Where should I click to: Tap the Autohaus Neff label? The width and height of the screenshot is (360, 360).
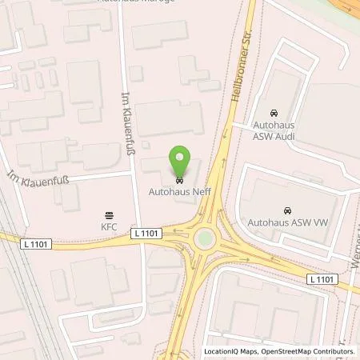coord(180,191)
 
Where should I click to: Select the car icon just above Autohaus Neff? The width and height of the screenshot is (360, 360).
coord(180,179)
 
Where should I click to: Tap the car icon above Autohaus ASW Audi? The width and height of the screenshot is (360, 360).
coord(274,114)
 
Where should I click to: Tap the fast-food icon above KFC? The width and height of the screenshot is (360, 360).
coord(110,214)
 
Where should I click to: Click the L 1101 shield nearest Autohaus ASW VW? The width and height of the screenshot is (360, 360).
coord(323,278)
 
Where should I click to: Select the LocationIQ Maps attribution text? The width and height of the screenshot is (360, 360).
coord(233,351)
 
